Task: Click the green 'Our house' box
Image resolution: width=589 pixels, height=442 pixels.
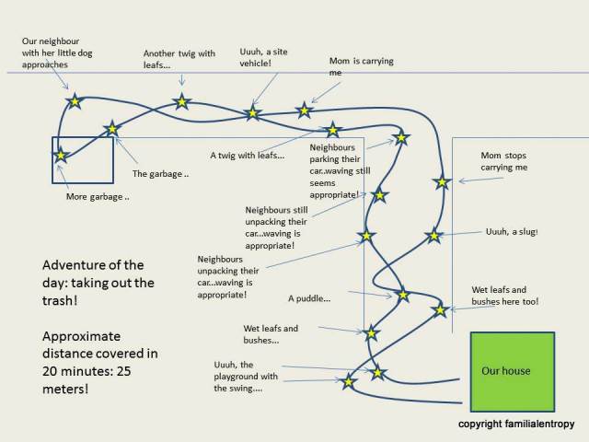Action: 513,371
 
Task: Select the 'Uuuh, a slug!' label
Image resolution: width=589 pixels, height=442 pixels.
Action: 512,232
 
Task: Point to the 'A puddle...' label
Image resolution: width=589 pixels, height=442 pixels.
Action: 309,298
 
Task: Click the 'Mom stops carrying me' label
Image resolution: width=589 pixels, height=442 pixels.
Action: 504,161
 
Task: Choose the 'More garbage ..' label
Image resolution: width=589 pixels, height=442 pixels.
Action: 98,197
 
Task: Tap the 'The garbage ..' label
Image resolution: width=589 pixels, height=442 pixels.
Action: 160,173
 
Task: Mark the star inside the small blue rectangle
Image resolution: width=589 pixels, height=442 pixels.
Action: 62,156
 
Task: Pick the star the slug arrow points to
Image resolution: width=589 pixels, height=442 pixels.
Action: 433,236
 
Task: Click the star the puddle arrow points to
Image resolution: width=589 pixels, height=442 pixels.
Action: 402,296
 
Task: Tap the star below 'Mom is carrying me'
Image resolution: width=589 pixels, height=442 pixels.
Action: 304,110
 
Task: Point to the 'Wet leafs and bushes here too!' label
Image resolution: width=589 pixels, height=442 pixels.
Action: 505,295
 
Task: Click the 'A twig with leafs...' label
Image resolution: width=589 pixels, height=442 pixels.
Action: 247,156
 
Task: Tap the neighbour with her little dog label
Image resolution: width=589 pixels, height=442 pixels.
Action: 57,53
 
